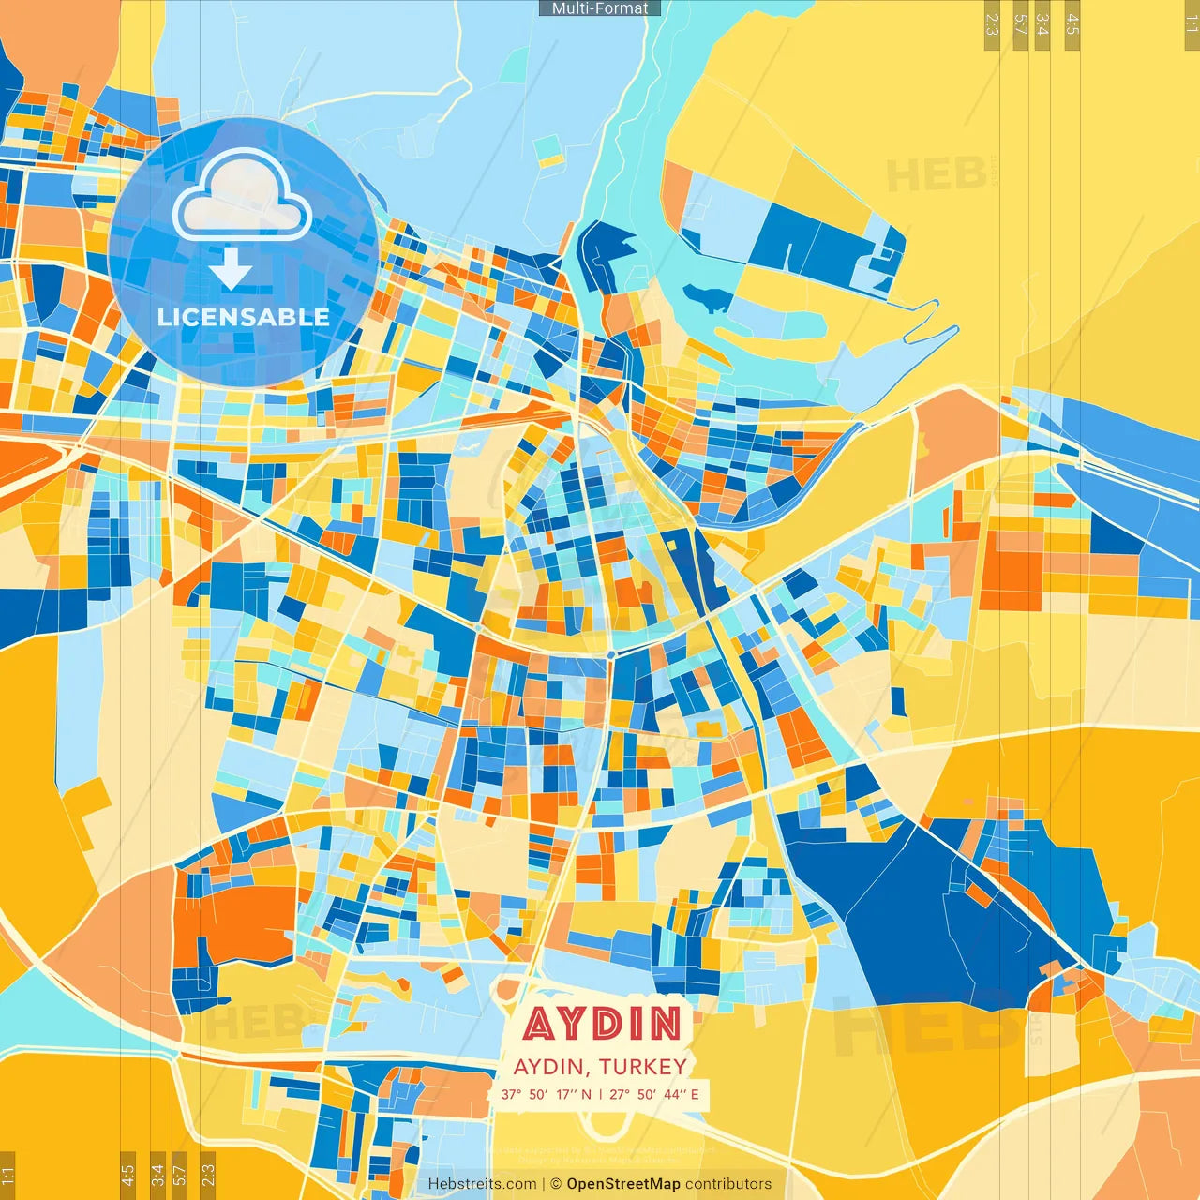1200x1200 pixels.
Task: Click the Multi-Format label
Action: point(600,8)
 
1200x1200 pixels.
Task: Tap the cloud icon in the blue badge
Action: point(242,197)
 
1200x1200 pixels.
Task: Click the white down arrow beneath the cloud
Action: point(231,268)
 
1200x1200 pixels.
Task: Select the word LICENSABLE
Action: point(244,317)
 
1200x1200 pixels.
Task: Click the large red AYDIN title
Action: point(602,1024)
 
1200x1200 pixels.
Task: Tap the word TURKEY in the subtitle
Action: point(643,1067)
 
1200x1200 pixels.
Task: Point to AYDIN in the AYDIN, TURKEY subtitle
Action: point(550,1067)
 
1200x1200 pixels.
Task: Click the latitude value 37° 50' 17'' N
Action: point(546,1094)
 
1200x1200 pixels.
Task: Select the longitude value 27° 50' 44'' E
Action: point(654,1094)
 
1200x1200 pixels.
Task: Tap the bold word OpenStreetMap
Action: point(623,1184)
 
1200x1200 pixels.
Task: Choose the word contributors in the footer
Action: point(728,1184)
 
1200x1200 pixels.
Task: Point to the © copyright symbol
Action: point(556,1184)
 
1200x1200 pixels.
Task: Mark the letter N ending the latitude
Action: point(586,1094)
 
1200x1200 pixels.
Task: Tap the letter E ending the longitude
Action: point(695,1094)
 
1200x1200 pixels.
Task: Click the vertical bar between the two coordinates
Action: point(600,1094)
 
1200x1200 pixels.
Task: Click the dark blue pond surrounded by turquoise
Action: point(708,300)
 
